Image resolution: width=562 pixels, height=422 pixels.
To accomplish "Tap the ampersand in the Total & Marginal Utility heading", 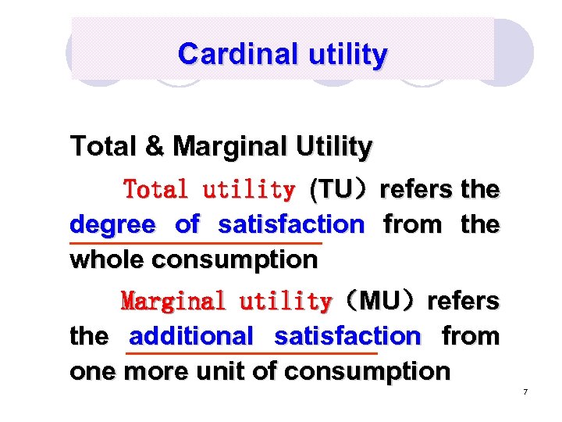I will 158,146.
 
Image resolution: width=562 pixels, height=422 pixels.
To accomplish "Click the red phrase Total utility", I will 209,189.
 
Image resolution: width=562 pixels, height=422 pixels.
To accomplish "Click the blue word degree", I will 112,225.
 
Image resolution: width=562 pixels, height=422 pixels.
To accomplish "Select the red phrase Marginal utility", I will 226,301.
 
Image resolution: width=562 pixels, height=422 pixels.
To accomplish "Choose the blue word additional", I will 191,337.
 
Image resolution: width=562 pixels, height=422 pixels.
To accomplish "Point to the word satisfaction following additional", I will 347,337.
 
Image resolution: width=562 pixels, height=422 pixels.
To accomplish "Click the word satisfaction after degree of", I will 291,225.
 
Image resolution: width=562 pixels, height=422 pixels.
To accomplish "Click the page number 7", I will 525,391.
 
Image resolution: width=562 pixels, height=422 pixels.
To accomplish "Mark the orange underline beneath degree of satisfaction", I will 195,243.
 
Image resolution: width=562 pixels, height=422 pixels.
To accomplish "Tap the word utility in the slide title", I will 349,54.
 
